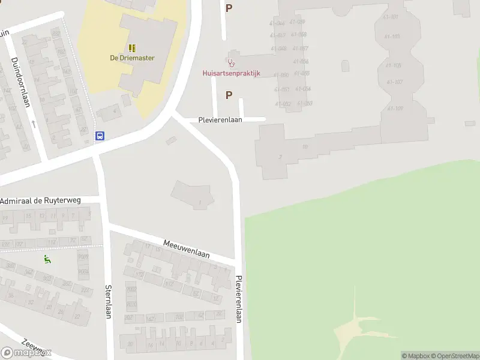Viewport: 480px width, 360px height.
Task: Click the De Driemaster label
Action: [x=132, y=58]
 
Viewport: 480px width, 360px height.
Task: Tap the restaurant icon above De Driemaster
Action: [x=132, y=47]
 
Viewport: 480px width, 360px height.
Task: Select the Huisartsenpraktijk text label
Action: [x=230, y=73]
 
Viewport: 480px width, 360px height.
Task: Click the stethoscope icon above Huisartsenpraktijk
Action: [x=231, y=62]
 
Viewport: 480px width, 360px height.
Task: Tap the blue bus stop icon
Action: [x=100, y=136]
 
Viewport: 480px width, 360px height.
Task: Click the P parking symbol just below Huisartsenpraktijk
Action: [x=229, y=95]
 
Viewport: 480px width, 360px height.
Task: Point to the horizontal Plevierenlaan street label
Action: [x=220, y=120]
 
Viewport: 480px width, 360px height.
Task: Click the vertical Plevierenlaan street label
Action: [x=239, y=299]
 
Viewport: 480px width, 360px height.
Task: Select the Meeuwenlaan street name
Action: [x=187, y=249]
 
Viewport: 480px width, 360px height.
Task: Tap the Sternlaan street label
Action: [x=109, y=301]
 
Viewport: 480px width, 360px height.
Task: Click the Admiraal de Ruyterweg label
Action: [x=40, y=200]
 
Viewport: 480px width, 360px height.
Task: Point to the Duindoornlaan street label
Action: [x=20, y=82]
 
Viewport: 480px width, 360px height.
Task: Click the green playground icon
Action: [x=47, y=259]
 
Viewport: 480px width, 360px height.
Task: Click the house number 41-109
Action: [x=395, y=109]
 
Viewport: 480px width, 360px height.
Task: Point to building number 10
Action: [x=305, y=146]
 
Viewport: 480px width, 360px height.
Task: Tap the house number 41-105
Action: [x=394, y=65]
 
